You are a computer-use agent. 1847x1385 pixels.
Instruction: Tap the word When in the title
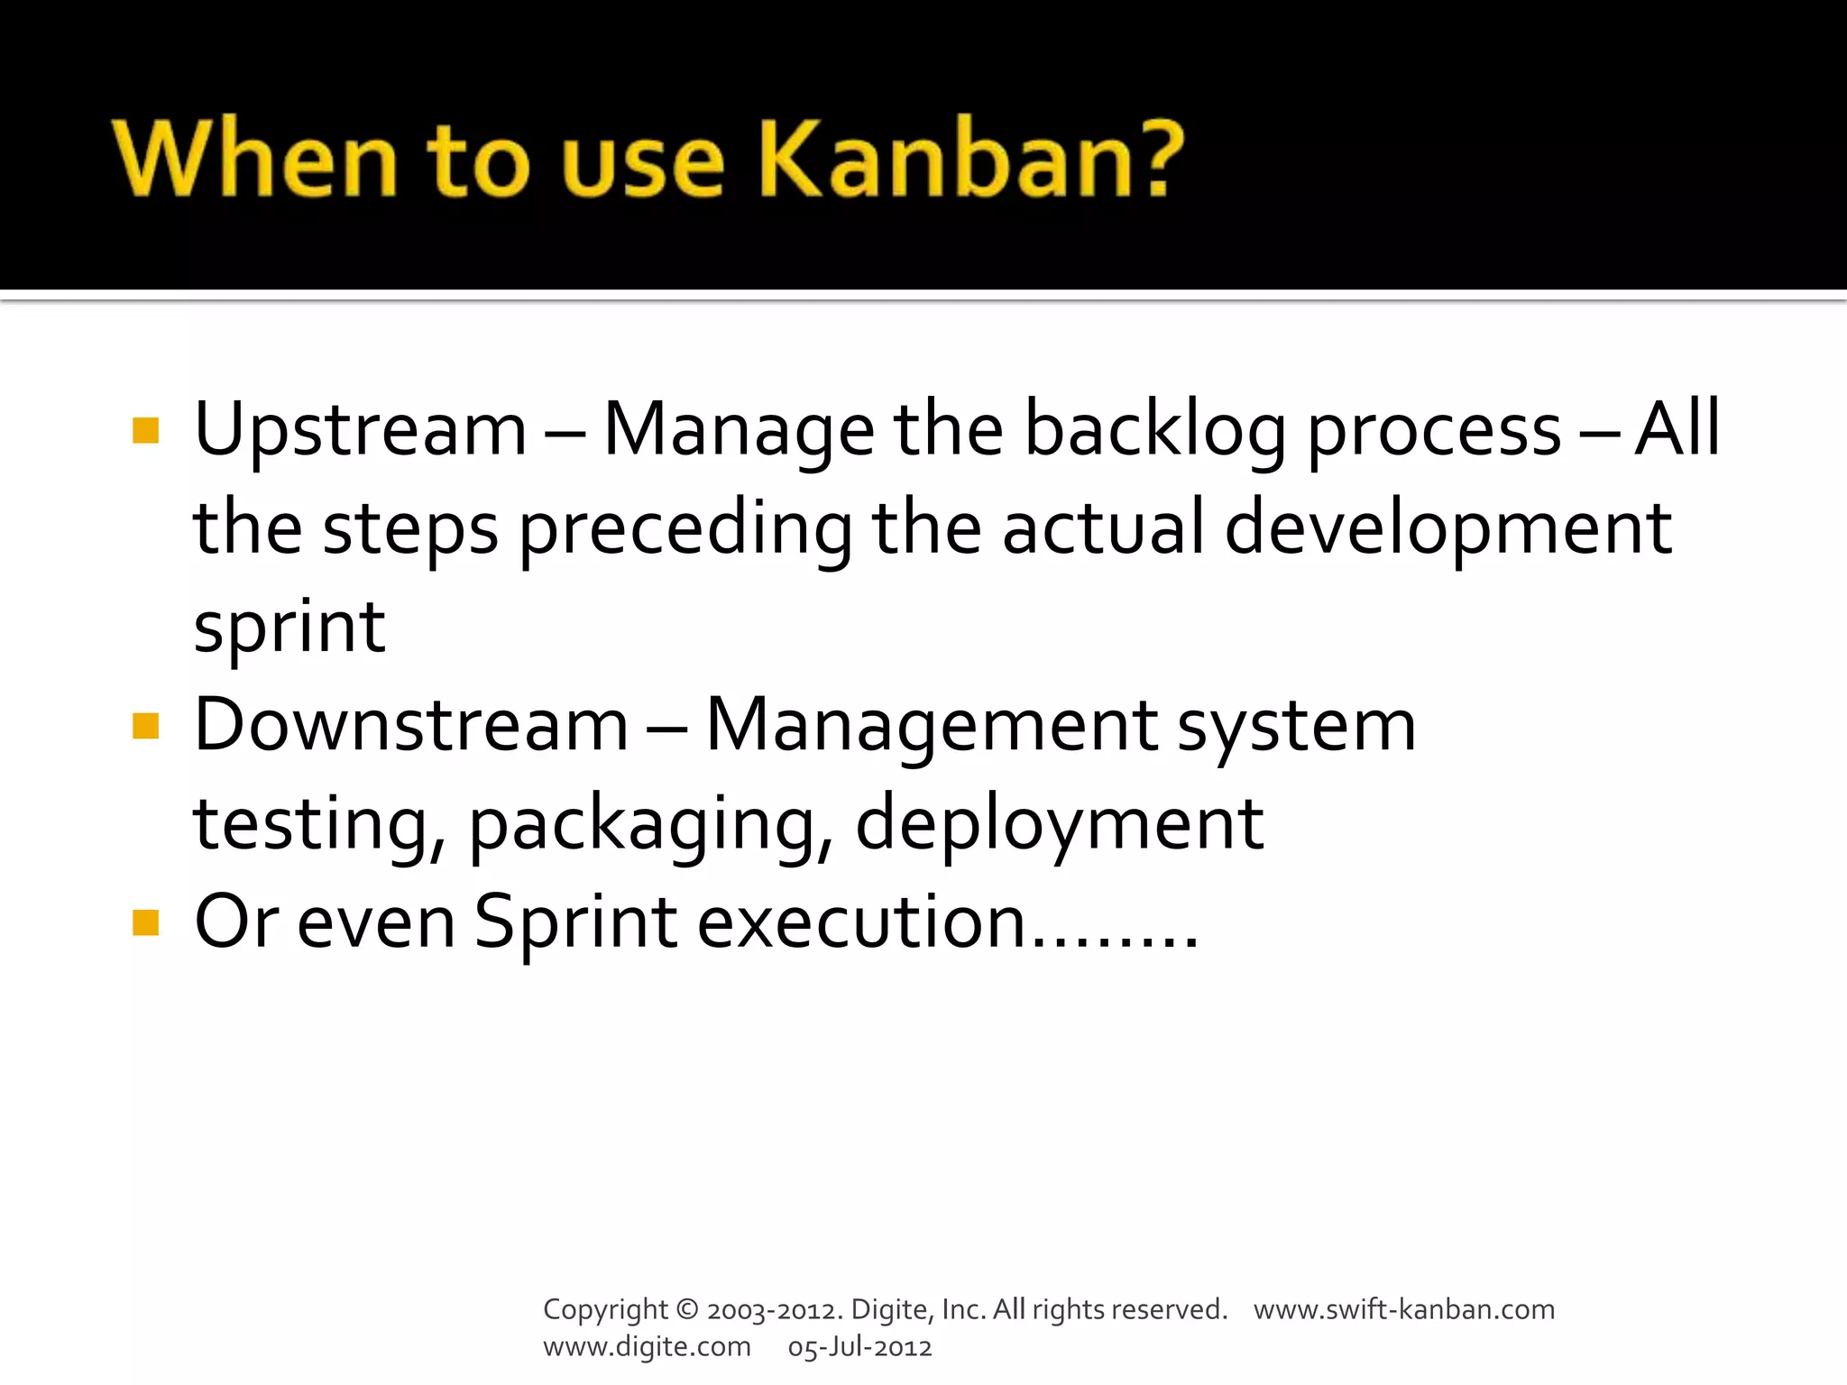click(x=255, y=159)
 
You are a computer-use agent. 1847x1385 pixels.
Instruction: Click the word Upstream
click(x=360, y=430)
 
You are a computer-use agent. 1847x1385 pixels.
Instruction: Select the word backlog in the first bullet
click(x=1155, y=430)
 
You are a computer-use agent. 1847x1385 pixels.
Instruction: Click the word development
click(x=1447, y=529)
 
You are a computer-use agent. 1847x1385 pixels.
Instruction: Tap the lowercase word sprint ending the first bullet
click(x=289, y=628)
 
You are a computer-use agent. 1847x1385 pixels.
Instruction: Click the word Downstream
click(x=410, y=726)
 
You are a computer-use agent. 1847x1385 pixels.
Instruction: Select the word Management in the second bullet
click(x=931, y=726)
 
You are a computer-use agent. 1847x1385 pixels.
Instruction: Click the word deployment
click(x=1059, y=825)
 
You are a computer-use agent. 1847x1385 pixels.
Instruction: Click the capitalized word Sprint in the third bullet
click(x=575, y=923)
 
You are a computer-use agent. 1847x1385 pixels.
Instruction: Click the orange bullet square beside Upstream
click(x=145, y=431)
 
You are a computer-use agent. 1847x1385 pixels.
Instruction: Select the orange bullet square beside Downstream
click(x=145, y=726)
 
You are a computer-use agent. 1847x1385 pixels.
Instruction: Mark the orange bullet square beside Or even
click(x=145, y=923)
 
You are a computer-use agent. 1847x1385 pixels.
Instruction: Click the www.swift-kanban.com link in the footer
click(x=1403, y=1309)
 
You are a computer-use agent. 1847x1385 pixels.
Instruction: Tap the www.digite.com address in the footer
click(x=647, y=1347)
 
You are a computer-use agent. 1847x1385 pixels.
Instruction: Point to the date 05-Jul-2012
click(x=859, y=1347)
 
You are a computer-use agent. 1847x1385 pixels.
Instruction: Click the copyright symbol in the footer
click(x=686, y=1309)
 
